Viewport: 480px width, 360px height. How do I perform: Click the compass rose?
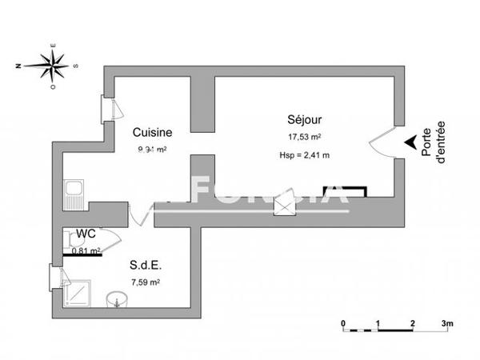(52, 64)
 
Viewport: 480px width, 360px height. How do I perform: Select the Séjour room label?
(304, 120)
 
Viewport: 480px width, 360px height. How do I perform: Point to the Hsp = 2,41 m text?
(303, 155)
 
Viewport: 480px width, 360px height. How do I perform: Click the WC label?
(86, 234)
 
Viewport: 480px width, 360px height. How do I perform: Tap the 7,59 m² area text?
(145, 282)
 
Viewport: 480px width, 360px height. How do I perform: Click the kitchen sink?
(74, 192)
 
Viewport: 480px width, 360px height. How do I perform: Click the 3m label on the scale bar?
(447, 322)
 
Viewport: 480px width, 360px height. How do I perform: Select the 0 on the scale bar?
(343, 322)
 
